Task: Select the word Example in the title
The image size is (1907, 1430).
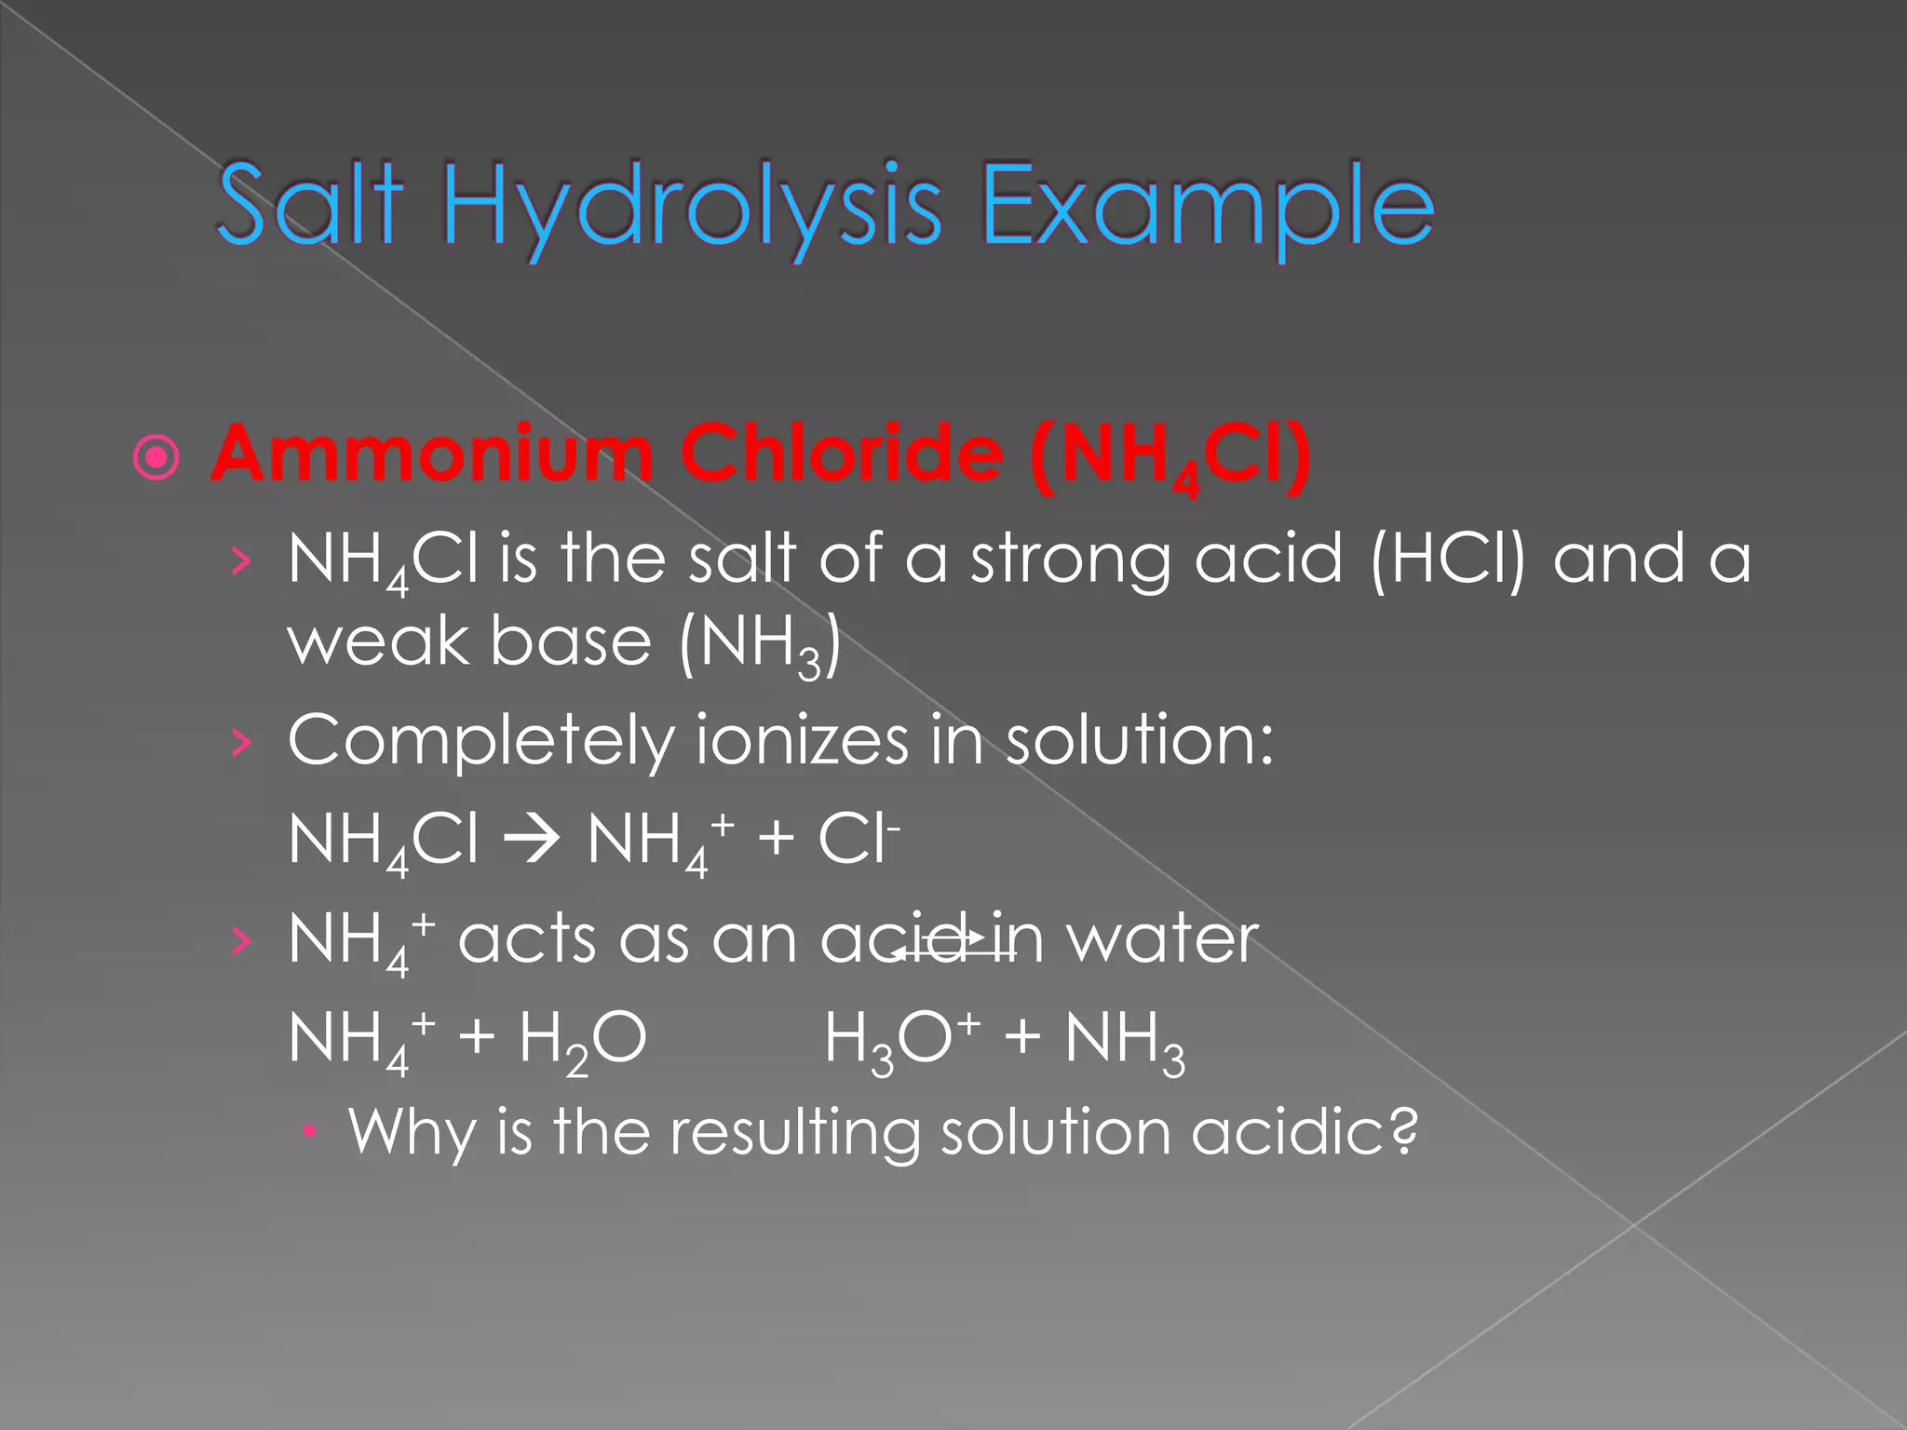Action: [x=1207, y=209]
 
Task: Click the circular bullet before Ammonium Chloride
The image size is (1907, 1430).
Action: [x=156, y=458]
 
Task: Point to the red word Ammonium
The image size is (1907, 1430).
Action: [x=432, y=453]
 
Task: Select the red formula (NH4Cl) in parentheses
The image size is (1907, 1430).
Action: [x=1170, y=457]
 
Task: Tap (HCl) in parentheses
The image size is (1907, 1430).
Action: [x=1448, y=560]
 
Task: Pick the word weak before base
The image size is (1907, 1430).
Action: [x=377, y=642]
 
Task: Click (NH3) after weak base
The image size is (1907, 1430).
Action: [x=760, y=646]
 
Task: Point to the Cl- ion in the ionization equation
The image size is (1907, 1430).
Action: [x=858, y=841]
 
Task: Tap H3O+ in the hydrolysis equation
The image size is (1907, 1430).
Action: [x=902, y=1041]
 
